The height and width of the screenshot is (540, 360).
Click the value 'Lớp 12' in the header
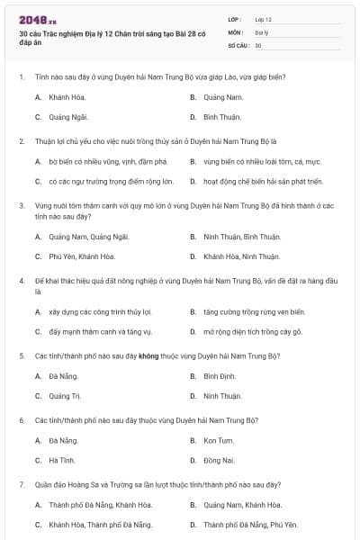coord(263,18)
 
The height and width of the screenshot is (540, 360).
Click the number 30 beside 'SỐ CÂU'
coord(258,44)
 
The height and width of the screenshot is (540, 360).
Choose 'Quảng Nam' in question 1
coord(223,96)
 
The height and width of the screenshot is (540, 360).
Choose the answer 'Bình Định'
coord(220,375)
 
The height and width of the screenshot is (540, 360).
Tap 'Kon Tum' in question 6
coord(219,440)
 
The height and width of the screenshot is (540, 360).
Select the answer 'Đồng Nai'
coord(219,460)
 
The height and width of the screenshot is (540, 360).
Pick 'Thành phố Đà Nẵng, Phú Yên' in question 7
coord(249,524)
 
